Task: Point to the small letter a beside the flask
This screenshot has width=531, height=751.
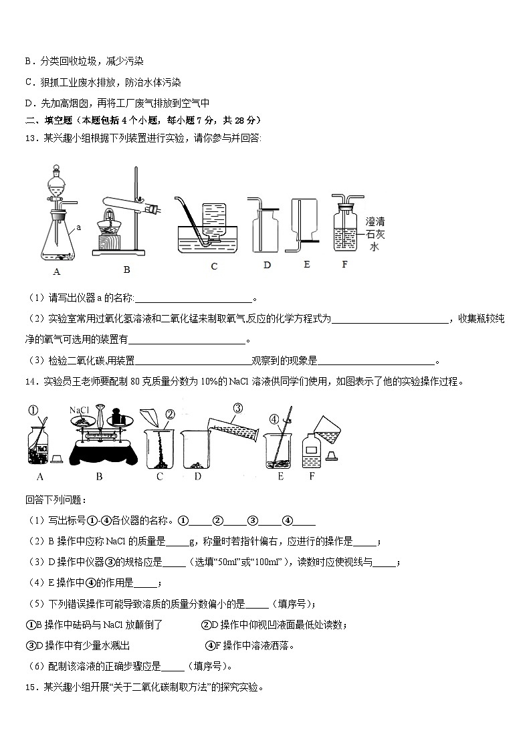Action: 79,227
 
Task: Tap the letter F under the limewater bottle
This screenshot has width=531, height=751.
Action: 345,264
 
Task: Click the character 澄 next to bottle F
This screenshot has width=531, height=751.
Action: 370,221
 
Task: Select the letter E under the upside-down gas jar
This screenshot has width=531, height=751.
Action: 306,264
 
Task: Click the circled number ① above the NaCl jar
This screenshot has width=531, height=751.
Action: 33,411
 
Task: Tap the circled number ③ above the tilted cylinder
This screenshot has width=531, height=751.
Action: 237,408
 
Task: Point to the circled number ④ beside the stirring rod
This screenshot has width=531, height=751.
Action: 273,420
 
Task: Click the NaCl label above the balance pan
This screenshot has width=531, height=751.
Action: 80,410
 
